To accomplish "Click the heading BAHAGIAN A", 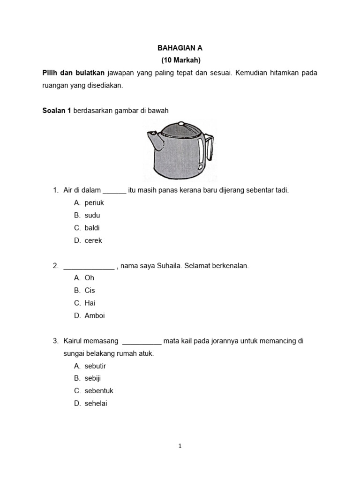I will click(180, 48).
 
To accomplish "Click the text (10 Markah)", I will click(180, 60).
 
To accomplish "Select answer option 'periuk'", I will click(94, 203).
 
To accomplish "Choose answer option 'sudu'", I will click(92, 216).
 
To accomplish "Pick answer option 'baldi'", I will click(92, 228).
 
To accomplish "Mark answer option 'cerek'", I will click(93, 240).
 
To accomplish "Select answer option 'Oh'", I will click(89, 278).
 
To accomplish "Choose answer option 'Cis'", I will click(90, 291).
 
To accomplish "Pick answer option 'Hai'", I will click(90, 303).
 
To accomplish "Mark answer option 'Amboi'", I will click(95, 315).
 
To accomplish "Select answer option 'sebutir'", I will click(95, 366).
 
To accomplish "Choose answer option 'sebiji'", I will click(93, 378).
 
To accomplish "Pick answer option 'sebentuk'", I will click(99, 390).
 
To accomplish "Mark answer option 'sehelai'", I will click(96, 403).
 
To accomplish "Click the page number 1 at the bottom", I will click(180, 446).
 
